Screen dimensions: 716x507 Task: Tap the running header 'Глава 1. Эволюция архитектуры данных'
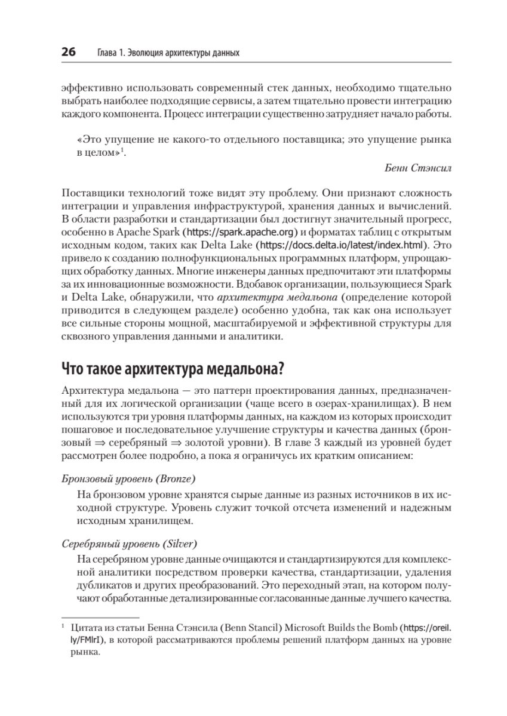(x=168, y=54)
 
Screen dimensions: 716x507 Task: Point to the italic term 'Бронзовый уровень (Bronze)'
(x=130, y=479)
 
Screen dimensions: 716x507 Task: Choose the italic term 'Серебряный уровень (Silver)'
(x=130, y=544)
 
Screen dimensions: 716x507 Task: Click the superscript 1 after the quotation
(x=121, y=151)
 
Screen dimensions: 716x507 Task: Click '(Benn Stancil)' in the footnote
(x=253, y=628)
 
